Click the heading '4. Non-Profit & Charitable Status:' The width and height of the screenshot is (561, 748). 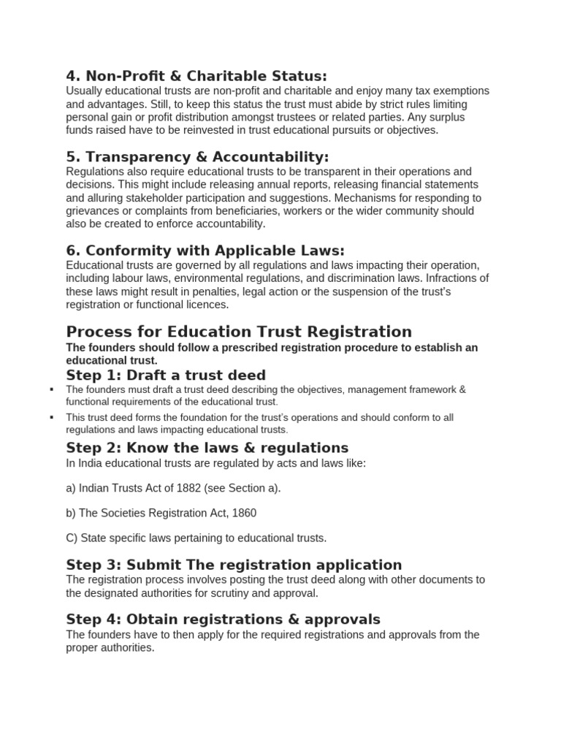tap(196, 76)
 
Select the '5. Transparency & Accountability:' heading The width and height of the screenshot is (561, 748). tap(197, 157)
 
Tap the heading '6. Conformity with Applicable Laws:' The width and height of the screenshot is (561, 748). tap(205, 251)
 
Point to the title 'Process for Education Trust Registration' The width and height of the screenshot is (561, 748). tap(239, 332)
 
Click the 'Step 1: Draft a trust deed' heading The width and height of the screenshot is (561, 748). tap(166, 375)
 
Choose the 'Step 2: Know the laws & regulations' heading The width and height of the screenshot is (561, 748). tap(207, 447)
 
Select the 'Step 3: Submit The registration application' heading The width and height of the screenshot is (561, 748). tap(234, 565)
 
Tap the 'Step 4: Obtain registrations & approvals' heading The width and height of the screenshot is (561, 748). tap(223, 619)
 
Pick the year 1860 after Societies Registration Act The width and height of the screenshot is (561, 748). tap(242, 513)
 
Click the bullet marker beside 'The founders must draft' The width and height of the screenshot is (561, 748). tap(52, 389)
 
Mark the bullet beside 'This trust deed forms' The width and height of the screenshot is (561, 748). tap(52, 417)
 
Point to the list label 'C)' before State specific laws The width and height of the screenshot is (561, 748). tap(72, 538)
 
